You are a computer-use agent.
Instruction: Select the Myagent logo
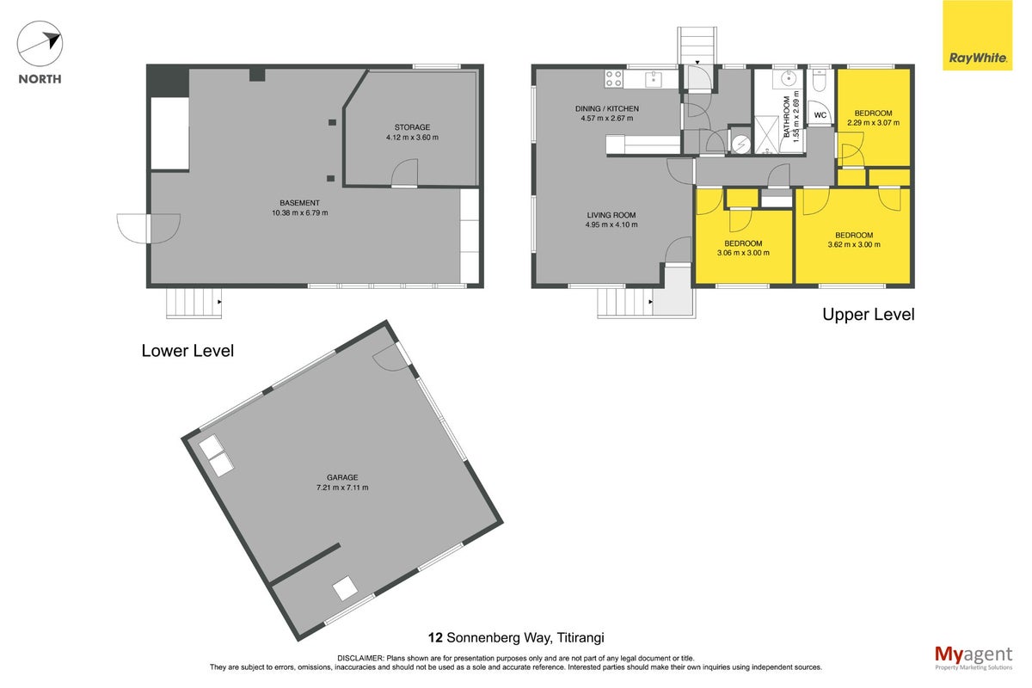click(x=974, y=658)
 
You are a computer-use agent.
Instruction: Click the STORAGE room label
click(x=412, y=127)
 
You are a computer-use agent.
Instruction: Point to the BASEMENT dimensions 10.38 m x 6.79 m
click(x=300, y=213)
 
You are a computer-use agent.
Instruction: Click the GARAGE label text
click(x=342, y=477)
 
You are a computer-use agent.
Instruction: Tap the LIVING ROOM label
click(x=611, y=215)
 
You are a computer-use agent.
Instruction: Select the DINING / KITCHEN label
click(x=607, y=108)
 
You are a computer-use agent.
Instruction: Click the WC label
click(x=820, y=115)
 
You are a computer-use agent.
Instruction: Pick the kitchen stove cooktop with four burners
click(x=614, y=79)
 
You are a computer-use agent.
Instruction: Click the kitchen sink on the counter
click(x=654, y=79)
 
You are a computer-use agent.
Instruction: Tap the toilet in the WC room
click(x=820, y=80)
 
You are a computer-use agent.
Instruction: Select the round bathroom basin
click(x=789, y=79)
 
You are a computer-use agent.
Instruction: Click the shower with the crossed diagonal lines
click(x=766, y=135)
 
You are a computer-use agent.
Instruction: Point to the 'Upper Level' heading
click(x=869, y=315)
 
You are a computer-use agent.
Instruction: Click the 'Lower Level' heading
click(x=187, y=351)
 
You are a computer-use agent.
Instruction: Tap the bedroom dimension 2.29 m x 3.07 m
click(x=873, y=123)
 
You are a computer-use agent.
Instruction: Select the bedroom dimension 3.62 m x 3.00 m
click(x=854, y=245)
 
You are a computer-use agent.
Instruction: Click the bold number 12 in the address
click(x=435, y=638)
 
